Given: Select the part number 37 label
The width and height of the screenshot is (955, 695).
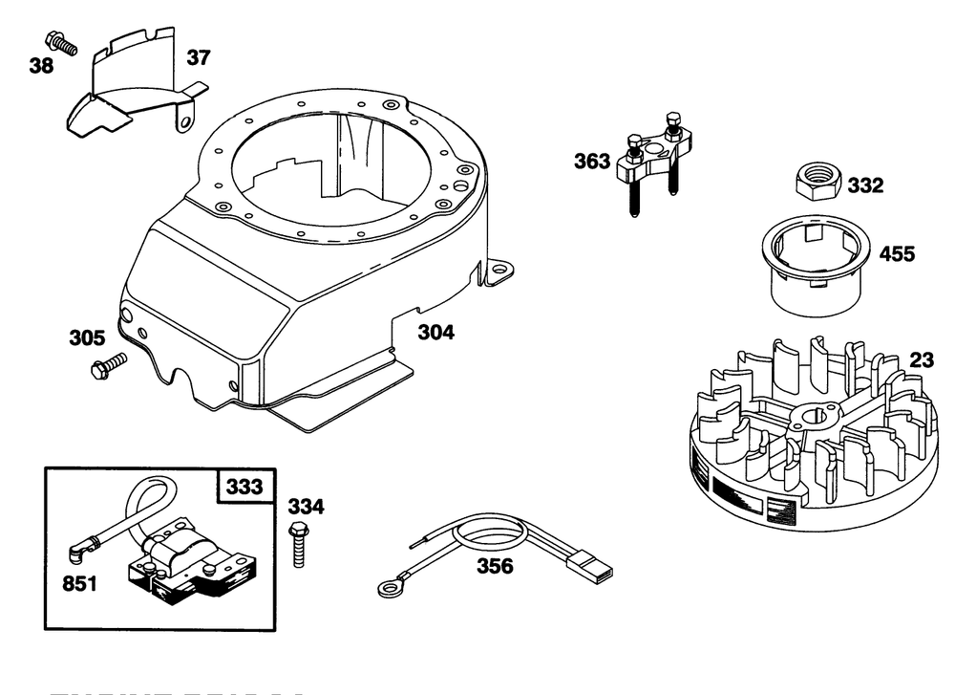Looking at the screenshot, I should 198,58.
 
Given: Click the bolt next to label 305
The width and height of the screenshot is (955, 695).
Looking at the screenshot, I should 108,364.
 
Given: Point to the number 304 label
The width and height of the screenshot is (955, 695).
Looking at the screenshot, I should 435,333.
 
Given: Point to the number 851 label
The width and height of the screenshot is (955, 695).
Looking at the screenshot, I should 79,583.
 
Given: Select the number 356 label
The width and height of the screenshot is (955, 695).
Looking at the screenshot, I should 495,567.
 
